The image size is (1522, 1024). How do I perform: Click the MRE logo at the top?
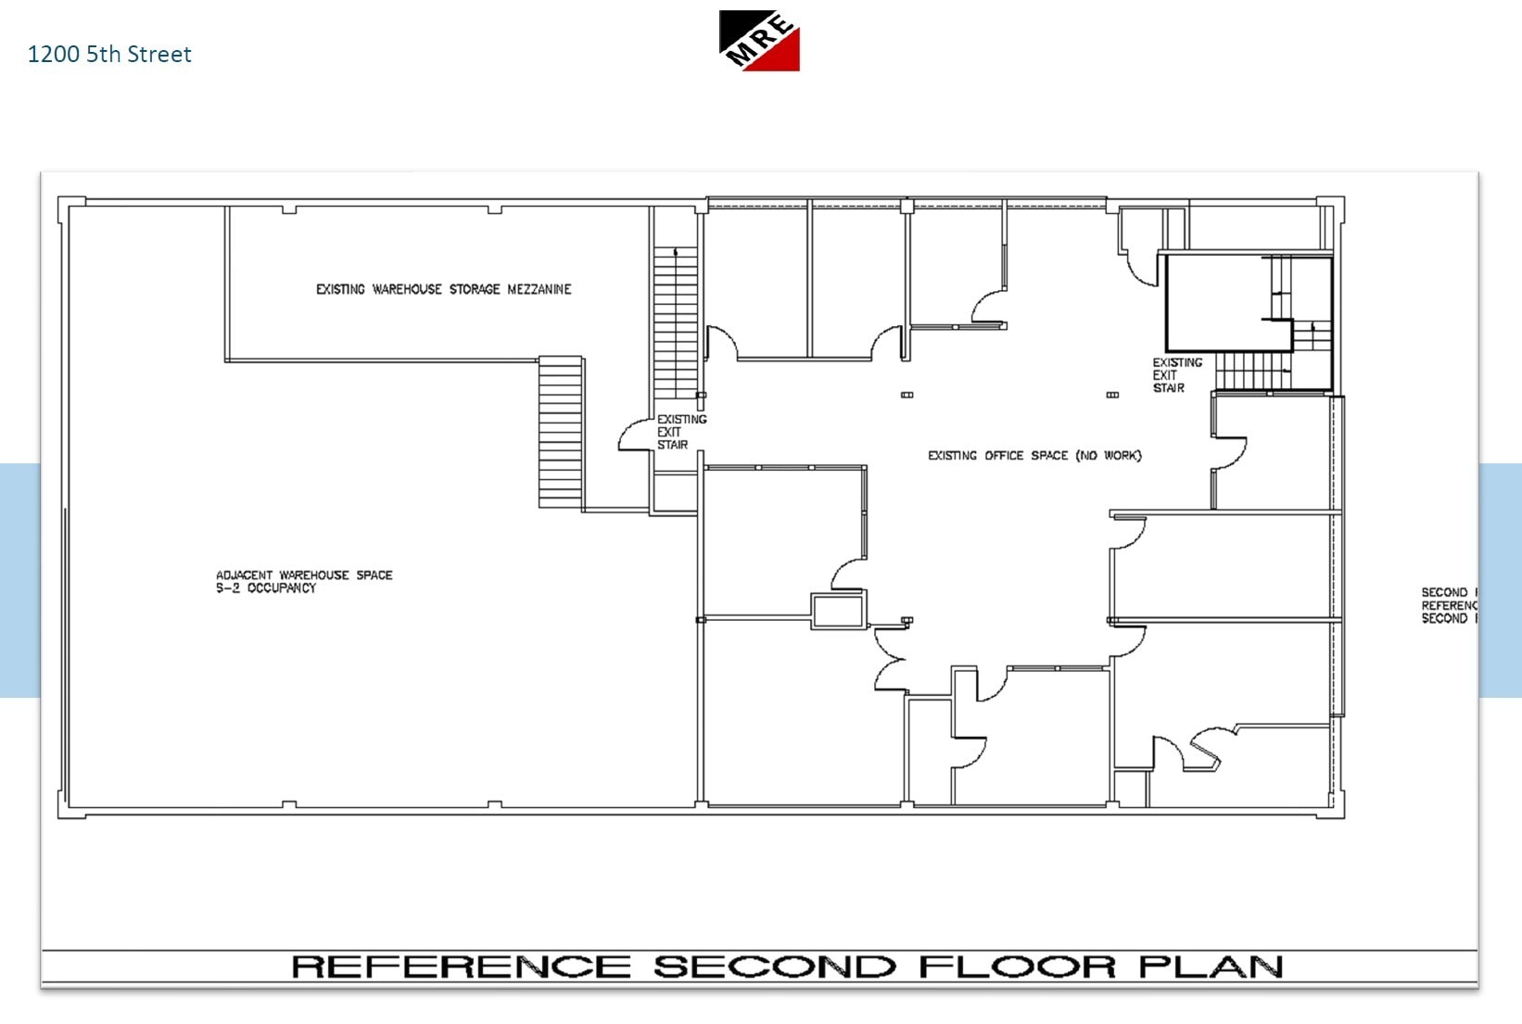point(759,41)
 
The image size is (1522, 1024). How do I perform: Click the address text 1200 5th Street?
point(109,55)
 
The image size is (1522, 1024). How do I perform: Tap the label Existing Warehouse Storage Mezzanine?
point(443,289)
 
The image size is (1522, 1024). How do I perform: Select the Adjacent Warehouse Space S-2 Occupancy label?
point(303,581)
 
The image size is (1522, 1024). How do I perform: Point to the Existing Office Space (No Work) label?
point(1034,455)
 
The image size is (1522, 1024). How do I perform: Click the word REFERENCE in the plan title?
point(461,967)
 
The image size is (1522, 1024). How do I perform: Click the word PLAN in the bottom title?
point(1210,967)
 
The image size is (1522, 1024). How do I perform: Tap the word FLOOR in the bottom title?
point(1017,967)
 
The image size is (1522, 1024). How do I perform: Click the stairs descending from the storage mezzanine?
point(561,432)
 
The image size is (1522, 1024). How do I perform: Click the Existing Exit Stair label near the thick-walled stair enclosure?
point(1176,375)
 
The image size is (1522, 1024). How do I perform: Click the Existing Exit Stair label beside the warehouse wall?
point(681,432)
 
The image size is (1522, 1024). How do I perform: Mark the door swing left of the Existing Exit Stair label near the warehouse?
point(636,436)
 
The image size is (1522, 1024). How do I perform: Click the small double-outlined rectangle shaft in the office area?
point(838,611)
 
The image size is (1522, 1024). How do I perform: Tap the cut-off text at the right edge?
point(1449,605)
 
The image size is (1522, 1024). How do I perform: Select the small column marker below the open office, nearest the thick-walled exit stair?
point(1112,395)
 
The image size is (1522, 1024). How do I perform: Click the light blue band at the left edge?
point(19,579)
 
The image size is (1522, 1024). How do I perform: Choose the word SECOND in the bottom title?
point(774,967)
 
